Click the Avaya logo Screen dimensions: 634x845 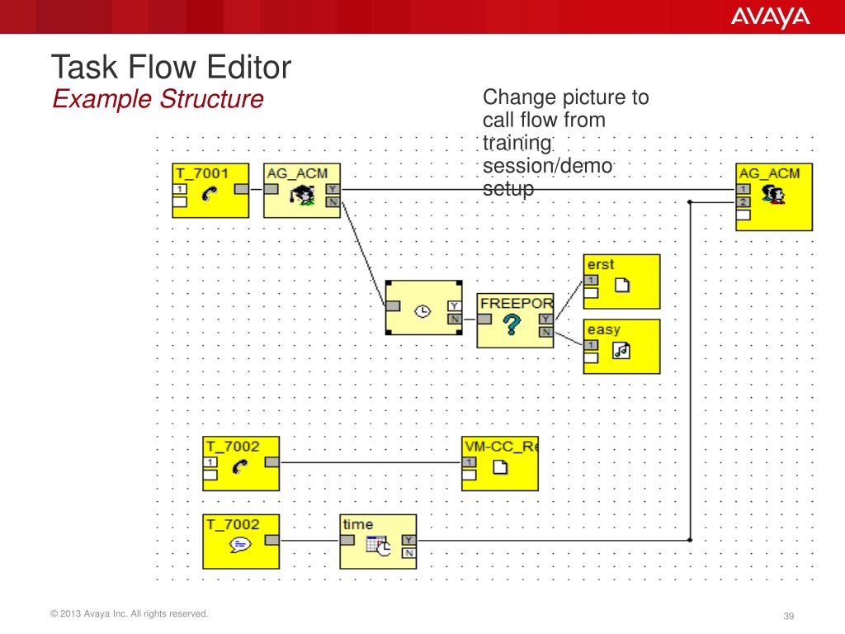[770, 17]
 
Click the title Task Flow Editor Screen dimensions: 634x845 [171, 68]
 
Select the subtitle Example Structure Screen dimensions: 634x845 [158, 100]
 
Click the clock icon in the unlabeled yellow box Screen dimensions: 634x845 [422, 311]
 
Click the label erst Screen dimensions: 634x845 [601, 264]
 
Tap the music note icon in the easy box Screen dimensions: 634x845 [621, 351]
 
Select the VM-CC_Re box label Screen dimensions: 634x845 [500, 447]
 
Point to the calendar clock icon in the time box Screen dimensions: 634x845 [379, 546]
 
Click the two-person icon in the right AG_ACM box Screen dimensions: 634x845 [773, 195]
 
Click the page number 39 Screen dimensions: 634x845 [788, 617]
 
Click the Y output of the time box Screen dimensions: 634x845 [408, 541]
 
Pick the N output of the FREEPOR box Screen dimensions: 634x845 [545, 332]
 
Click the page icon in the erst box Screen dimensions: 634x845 [621, 286]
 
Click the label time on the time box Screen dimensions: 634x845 [358, 524]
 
